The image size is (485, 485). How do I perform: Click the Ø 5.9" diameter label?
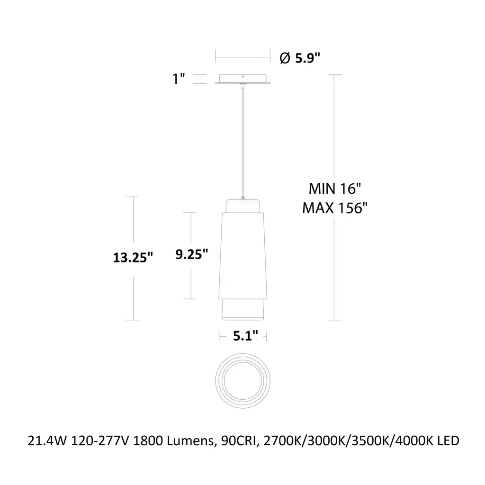coord(300,58)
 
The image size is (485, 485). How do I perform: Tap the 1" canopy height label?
coord(179,79)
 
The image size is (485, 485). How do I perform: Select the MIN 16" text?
coord(335,189)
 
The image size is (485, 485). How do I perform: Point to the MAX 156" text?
coord(335,208)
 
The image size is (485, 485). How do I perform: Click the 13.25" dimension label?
coord(133,258)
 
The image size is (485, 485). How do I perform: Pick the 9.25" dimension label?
coord(192,254)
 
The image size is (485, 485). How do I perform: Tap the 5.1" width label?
coord(246,336)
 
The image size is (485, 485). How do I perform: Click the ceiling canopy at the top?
coord(243,79)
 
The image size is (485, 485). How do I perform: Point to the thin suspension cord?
coord(243,142)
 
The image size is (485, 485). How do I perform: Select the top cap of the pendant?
coord(243,206)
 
